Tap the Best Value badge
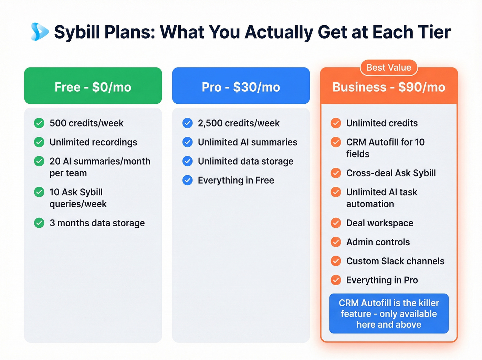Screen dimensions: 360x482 tap(389, 68)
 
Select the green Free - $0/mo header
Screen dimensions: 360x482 tap(93, 86)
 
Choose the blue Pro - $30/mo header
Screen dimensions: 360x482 tap(241, 86)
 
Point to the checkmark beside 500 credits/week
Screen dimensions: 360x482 tap(39, 123)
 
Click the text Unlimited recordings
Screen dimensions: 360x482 tap(93, 142)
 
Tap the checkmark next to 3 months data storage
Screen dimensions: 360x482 tap(39, 223)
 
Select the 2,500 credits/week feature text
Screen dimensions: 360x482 tap(239, 123)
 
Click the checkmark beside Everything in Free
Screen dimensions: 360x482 tap(188, 180)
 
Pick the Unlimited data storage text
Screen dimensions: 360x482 tap(245, 161)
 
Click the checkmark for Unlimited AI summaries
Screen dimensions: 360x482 tap(188, 142)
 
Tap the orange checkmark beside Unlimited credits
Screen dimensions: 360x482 tap(336, 123)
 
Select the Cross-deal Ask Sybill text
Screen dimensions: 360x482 tap(391, 173)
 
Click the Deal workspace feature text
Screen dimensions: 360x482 tap(380, 223)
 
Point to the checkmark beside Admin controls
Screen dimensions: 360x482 tap(336, 242)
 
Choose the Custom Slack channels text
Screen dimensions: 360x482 tap(395, 261)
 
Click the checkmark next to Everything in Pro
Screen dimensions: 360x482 tap(336, 280)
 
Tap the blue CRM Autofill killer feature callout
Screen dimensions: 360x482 tap(389, 313)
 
